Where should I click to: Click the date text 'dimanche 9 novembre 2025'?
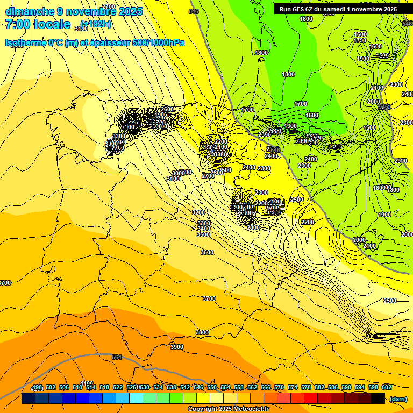(74, 11)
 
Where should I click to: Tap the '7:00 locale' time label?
(38, 24)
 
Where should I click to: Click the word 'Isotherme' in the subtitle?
(27, 42)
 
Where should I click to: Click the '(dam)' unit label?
(398, 398)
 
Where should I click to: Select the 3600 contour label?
(206, 252)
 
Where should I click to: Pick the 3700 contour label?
(209, 298)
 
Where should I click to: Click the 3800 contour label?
(202, 332)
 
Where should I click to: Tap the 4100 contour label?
(86, 383)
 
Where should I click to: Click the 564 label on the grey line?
(117, 357)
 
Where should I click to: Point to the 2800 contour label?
(253, 227)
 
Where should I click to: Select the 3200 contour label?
(198, 212)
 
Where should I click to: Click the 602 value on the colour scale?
(386, 387)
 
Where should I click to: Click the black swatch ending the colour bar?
(378, 398)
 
